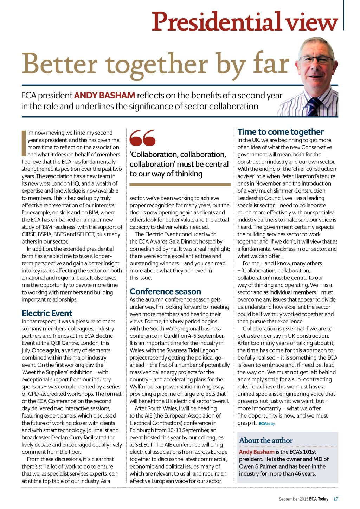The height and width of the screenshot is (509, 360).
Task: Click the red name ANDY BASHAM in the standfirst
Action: click(104, 95)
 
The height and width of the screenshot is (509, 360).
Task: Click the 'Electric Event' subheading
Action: click(47, 313)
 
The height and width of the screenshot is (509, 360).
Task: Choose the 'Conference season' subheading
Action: click(165, 291)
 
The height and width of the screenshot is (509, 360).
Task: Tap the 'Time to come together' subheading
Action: click(281, 132)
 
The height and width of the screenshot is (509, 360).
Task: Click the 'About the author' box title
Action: click(266, 440)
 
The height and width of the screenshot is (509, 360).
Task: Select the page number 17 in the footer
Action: click(336, 499)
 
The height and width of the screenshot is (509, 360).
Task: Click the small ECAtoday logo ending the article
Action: click(267, 424)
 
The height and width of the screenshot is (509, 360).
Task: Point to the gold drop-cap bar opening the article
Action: click(24, 143)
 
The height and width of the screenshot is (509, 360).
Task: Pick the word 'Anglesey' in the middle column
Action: click(213, 387)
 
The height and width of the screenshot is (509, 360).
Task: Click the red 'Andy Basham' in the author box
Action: click(257, 452)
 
